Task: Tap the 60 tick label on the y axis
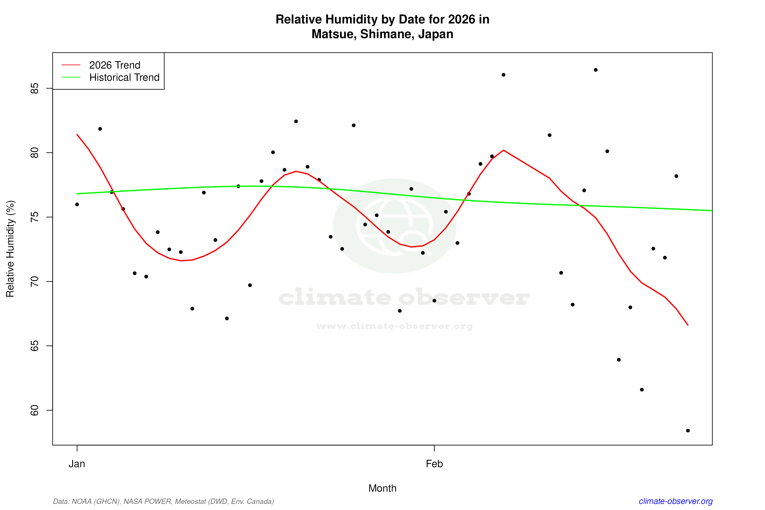tap(34, 410)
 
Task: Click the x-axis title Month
tap(382, 488)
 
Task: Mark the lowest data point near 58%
tap(688, 431)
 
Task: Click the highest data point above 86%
tap(595, 70)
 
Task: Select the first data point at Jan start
tap(77, 205)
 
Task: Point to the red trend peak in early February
tap(503, 150)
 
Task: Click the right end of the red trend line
tap(688, 325)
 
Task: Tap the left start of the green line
tap(77, 194)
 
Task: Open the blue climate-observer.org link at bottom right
tap(676, 501)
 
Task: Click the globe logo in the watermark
tap(395, 226)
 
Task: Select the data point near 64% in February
tap(619, 360)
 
